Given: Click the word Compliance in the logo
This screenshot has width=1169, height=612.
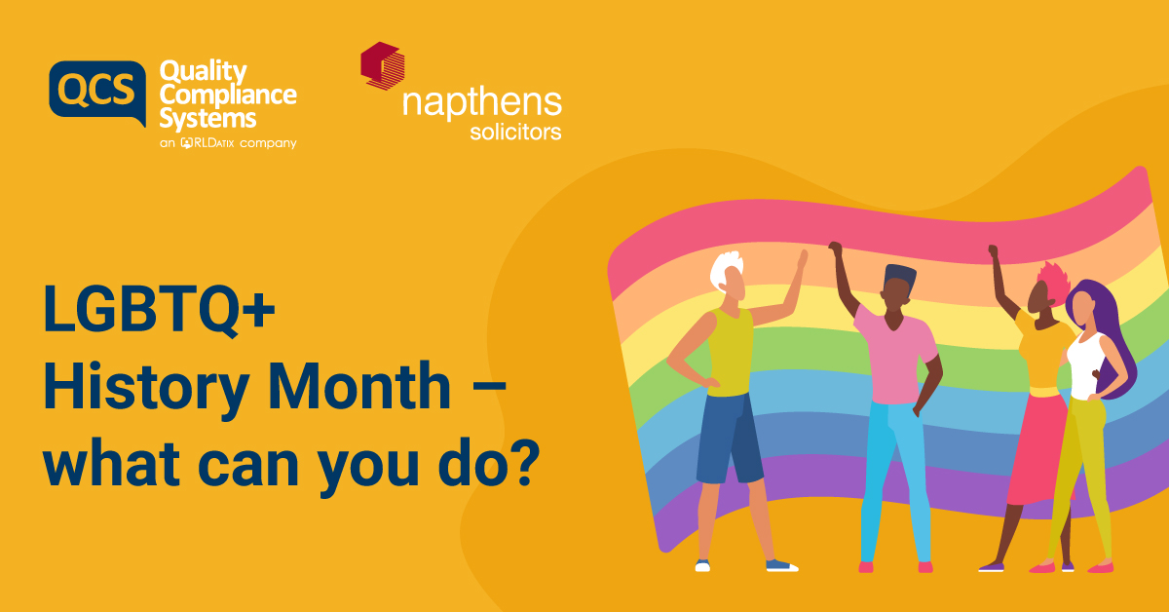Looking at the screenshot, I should pyautogui.click(x=227, y=96).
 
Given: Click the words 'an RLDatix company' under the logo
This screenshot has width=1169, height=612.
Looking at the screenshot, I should pyautogui.click(x=227, y=143).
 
